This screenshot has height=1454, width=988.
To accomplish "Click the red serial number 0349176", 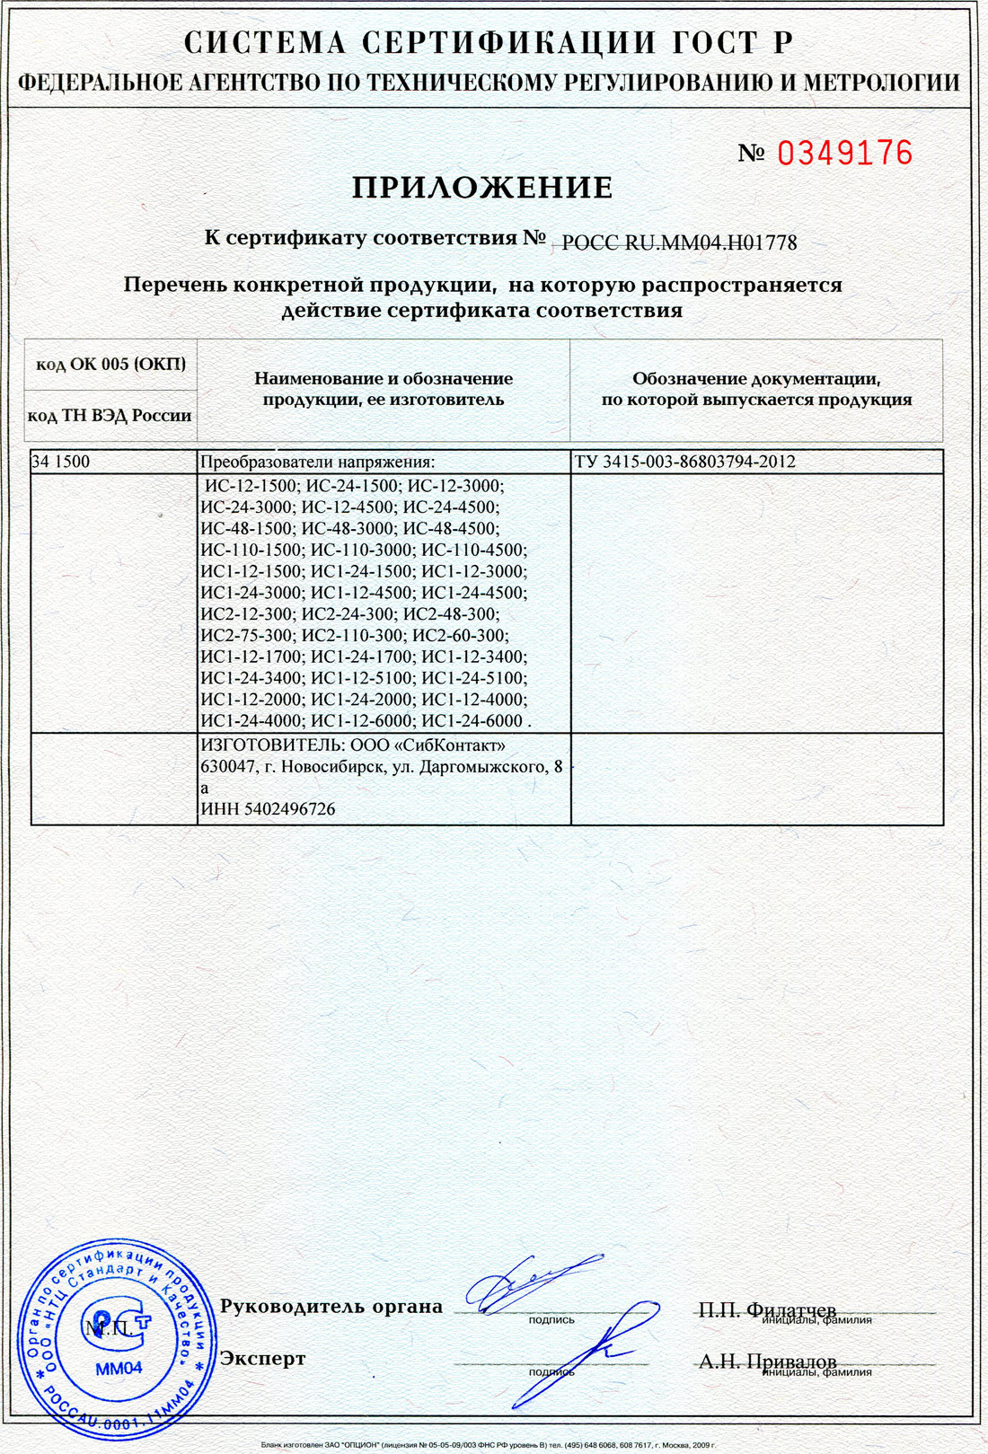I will pyautogui.click(x=844, y=154).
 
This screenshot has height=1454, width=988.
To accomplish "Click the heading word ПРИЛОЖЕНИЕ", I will pyautogui.click(x=482, y=188).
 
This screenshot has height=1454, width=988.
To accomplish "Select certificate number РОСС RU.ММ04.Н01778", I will pyautogui.click(x=679, y=242).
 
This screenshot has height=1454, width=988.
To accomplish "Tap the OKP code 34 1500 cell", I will pyautogui.click(x=61, y=462).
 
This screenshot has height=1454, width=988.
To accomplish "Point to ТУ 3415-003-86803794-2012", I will pyautogui.click(x=684, y=462).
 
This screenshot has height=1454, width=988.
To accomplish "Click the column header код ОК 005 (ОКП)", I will pyautogui.click(x=110, y=364).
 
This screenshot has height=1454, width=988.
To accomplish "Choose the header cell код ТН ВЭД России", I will pyautogui.click(x=110, y=416).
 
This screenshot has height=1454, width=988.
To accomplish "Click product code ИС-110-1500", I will pyautogui.click(x=251, y=550).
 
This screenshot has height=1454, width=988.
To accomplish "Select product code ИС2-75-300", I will pyautogui.click(x=247, y=636).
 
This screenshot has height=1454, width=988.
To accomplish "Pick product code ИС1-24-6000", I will pyautogui.click(x=472, y=721).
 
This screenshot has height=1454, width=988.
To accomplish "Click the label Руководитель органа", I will pyautogui.click(x=331, y=1307).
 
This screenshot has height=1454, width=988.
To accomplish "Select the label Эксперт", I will pyautogui.click(x=262, y=1359).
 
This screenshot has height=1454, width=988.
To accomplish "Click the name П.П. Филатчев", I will pyautogui.click(x=767, y=1309).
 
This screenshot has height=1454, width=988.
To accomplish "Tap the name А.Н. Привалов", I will pyautogui.click(x=767, y=1361).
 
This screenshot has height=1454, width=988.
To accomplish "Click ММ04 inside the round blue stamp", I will pyautogui.click(x=119, y=1369).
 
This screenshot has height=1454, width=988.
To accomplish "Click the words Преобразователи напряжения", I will pyautogui.click(x=317, y=462).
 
